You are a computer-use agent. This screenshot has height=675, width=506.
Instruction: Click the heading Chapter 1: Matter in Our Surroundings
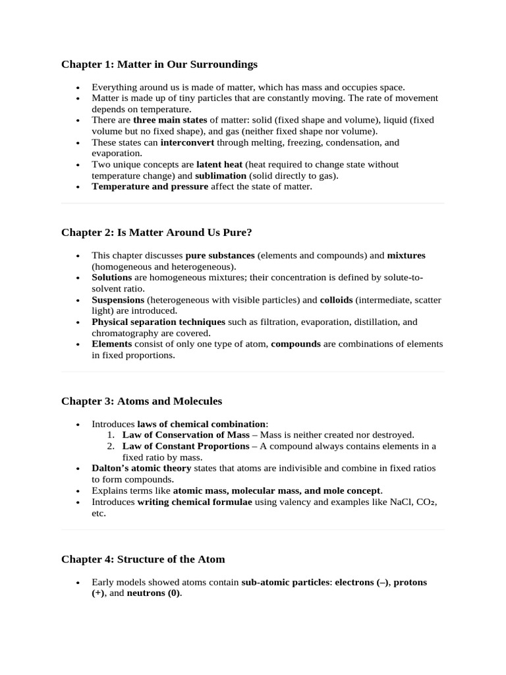pyautogui.click(x=159, y=65)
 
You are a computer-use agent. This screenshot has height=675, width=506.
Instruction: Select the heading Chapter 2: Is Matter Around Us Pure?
pyautogui.click(x=157, y=233)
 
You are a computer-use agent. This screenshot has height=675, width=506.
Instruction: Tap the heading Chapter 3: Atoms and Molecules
pyautogui.click(x=142, y=401)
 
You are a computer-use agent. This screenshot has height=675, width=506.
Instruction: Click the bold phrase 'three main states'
pyautogui.click(x=170, y=120)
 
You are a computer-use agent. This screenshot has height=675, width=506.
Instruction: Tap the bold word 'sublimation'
pyautogui.click(x=220, y=175)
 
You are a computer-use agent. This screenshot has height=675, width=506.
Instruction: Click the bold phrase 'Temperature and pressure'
pyautogui.click(x=150, y=187)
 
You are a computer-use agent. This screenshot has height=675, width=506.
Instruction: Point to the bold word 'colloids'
pyautogui.click(x=336, y=300)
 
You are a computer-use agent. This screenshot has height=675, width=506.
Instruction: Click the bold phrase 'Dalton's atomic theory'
pyautogui.click(x=142, y=468)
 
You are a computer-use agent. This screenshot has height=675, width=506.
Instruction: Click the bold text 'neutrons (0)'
pyautogui.click(x=154, y=593)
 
